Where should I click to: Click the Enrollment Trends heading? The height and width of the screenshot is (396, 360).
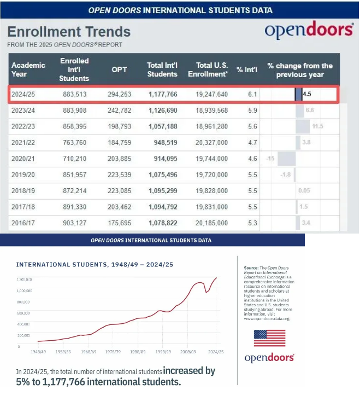[69, 32]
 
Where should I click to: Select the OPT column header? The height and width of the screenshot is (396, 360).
[119, 69]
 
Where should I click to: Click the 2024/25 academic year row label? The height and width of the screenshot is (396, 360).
[23, 94]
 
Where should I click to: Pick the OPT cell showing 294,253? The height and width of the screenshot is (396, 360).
[119, 94]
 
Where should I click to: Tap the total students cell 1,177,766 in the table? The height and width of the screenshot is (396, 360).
[162, 94]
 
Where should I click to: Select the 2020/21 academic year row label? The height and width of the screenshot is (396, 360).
[23, 159]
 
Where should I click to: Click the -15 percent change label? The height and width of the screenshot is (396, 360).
[269, 159]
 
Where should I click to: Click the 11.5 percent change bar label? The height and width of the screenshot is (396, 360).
[318, 126]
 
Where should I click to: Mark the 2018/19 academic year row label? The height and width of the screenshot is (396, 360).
[23, 191]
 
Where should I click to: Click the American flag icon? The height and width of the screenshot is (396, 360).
[269, 338]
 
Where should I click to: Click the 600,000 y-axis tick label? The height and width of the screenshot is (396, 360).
[24, 313]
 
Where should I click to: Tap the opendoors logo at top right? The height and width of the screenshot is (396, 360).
[309, 31]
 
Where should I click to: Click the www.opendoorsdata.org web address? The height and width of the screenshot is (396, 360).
[268, 318]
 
